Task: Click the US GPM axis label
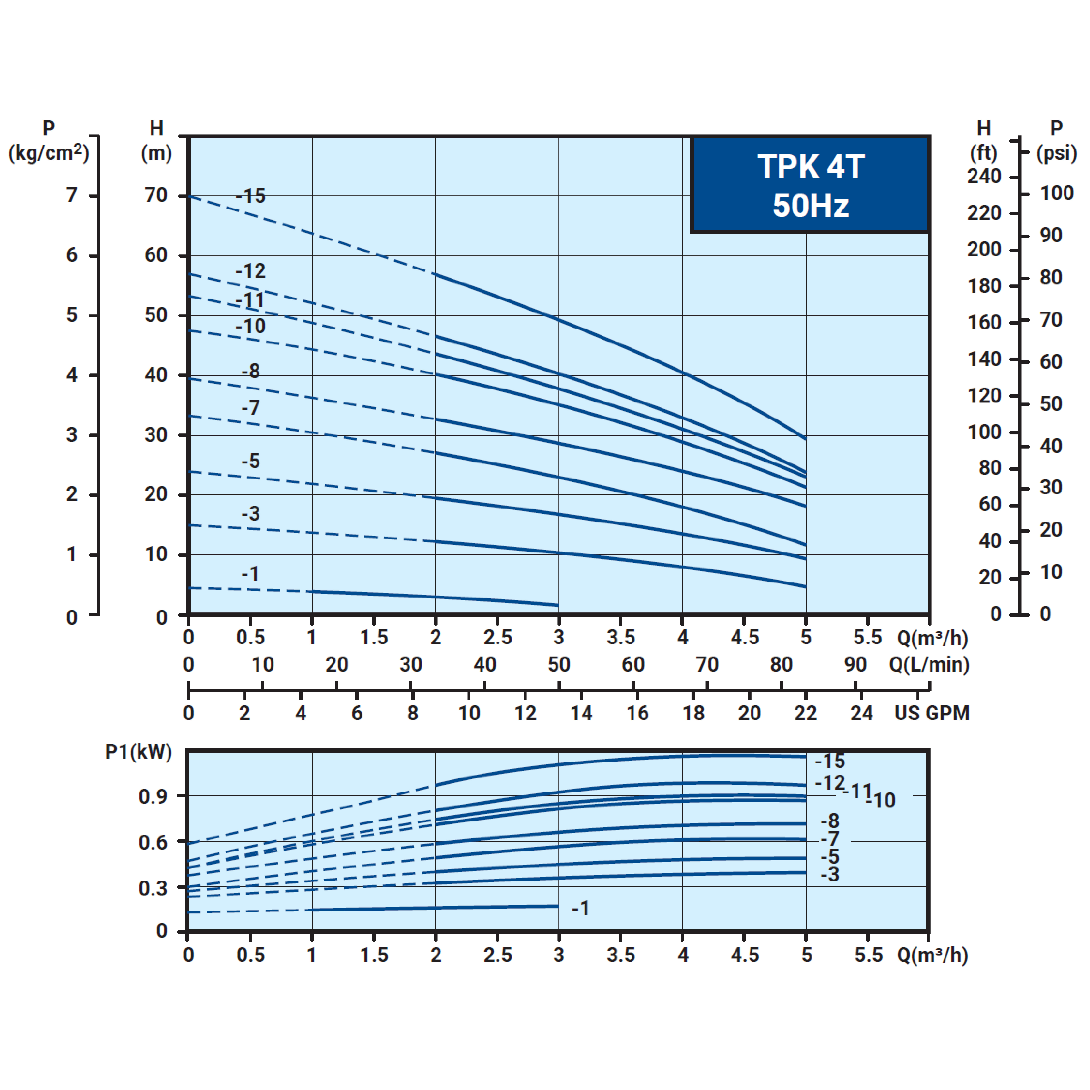pos(932,713)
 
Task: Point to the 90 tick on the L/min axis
pos(855,665)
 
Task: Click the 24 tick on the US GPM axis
pos(861,713)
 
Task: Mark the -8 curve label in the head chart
pos(251,371)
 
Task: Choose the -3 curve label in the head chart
pos(251,513)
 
